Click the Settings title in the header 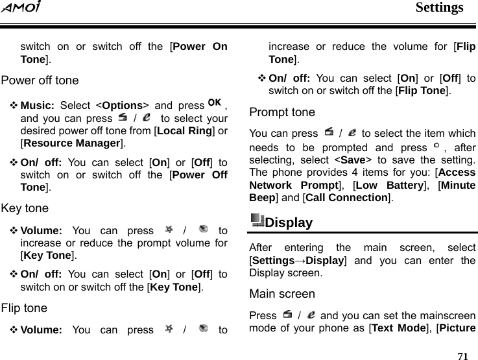coord(439,8)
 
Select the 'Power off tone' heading coord(40,81)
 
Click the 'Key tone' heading coord(25,209)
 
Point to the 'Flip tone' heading coord(24,308)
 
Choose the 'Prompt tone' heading coord(282,112)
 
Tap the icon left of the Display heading coord(257,221)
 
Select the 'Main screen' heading coord(282,294)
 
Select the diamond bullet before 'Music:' coord(14,106)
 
